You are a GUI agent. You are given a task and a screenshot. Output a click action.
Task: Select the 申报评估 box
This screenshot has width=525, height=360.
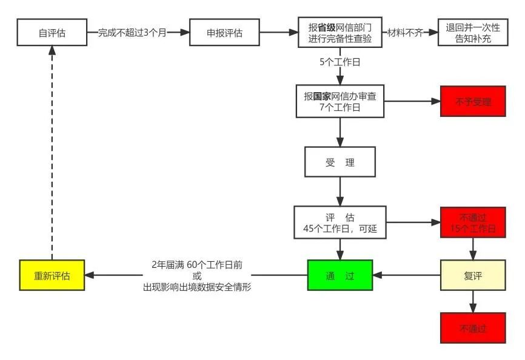pos(225,32)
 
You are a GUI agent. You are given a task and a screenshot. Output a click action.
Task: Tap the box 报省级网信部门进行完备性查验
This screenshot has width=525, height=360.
pos(340,32)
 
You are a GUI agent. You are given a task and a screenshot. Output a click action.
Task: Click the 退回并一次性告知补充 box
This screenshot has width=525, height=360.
pos(473,32)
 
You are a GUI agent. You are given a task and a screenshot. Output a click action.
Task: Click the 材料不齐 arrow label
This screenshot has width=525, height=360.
pos(405,33)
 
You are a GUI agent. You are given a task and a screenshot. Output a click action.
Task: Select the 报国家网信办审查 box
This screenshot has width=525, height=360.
pos(340,101)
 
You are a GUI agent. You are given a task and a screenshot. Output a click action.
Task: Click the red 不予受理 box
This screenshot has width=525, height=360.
pos(473,101)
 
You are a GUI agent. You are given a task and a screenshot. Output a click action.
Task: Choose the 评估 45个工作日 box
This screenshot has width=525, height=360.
pos(340,222)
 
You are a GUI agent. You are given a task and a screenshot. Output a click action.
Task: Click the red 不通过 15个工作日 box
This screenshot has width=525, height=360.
pos(473,222)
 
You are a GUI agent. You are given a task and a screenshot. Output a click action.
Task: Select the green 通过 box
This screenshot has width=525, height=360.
pos(340,276)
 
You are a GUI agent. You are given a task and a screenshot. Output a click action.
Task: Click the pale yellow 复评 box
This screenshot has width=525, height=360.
pos(473,276)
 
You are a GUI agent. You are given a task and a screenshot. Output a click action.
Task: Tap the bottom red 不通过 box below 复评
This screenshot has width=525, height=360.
pos(473,328)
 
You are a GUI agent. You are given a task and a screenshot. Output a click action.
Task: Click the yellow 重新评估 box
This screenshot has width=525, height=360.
pos(52,276)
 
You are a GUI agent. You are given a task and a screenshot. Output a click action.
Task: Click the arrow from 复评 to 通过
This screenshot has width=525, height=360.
pos(406,276)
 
